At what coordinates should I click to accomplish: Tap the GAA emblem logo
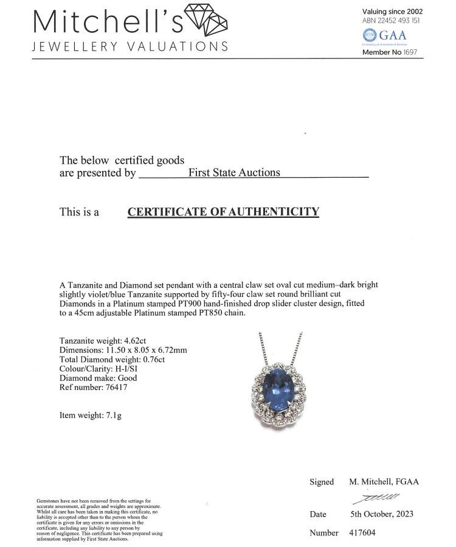coord(370,35)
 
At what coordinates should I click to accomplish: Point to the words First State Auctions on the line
coord(234,172)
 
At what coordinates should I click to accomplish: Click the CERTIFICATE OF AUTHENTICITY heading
coord(223,212)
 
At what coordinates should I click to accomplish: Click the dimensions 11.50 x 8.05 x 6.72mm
coord(157,350)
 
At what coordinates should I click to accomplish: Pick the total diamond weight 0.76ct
coord(152,359)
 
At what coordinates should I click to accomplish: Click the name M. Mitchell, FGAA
coord(384,481)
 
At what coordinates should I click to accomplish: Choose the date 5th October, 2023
coord(381,514)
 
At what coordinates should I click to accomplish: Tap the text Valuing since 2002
coord(392,12)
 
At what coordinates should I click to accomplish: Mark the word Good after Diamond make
coord(128,378)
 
